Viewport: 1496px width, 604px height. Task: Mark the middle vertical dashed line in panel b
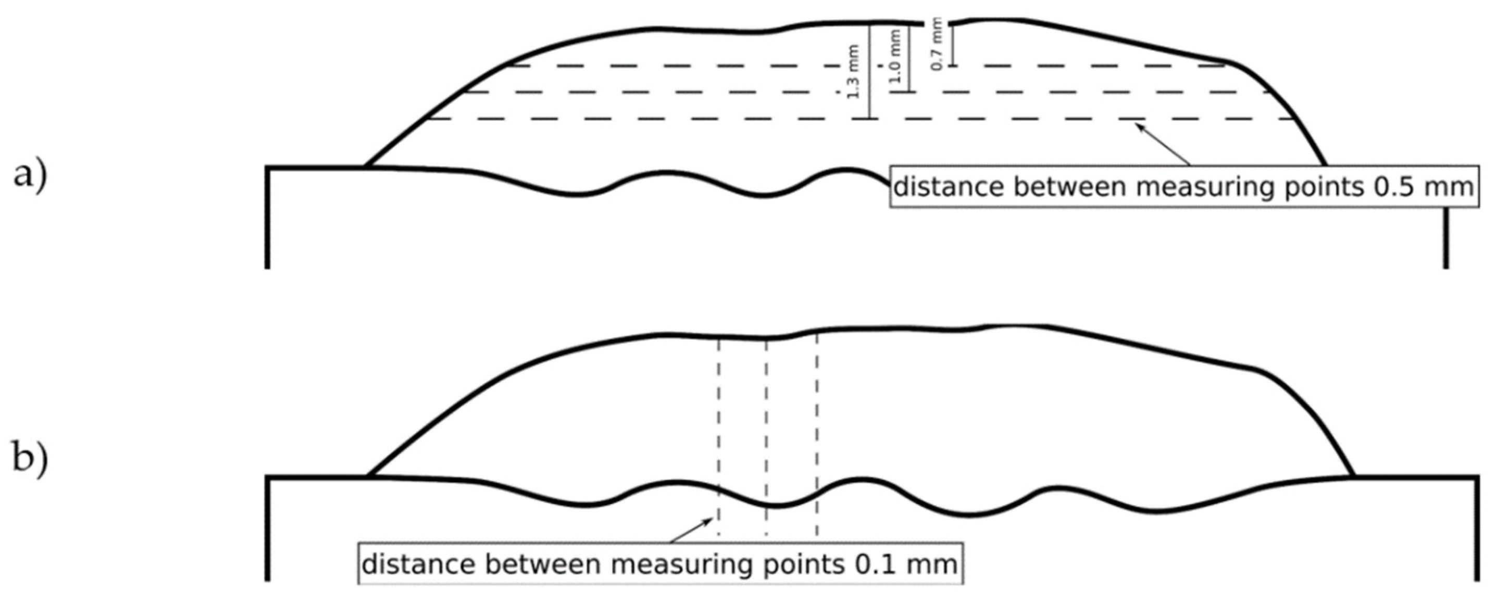pyautogui.click(x=767, y=436)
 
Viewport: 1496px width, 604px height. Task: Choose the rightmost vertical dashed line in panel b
pyautogui.click(x=817, y=436)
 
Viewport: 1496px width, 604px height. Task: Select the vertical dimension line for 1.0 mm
pyautogui.click(x=909, y=58)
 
